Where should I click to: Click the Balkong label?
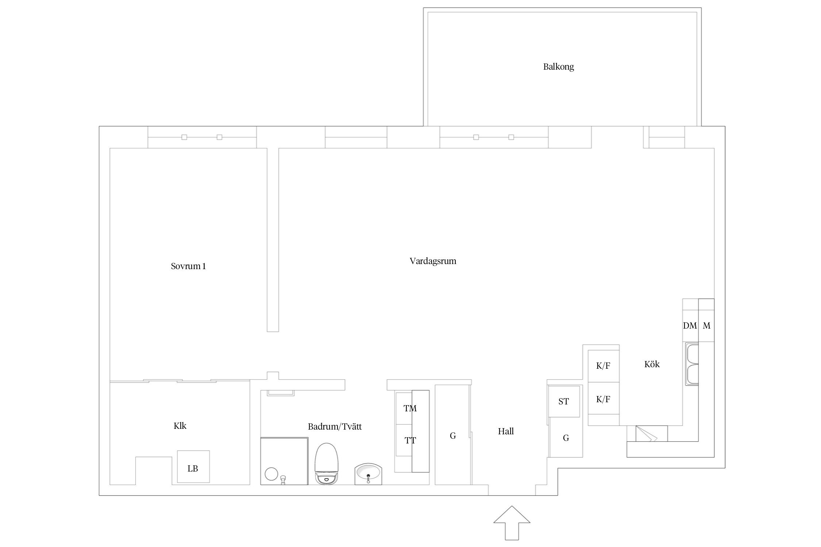(x=558, y=67)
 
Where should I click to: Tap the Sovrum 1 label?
(x=188, y=266)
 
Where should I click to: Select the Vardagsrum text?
(x=433, y=261)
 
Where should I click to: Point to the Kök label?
(x=652, y=364)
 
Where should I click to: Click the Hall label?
(x=506, y=431)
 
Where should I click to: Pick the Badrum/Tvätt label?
(x=335, y=427)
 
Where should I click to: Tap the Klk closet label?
(x=180, y=426)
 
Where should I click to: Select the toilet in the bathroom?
(x=327, y=463)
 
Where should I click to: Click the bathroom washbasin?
(x=368, y=474)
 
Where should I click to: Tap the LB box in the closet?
(x=193, y=467)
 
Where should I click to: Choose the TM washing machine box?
(x=404, y=408)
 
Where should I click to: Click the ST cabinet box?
(x=564, y=401)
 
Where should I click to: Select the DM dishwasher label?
(x=690, y=326)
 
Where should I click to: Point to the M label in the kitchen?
(x=706, y=326)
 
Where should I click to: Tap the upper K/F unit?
(x=604, y=366)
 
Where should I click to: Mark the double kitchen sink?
(x=692, y=364)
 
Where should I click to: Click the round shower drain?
(x=271, y=474)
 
